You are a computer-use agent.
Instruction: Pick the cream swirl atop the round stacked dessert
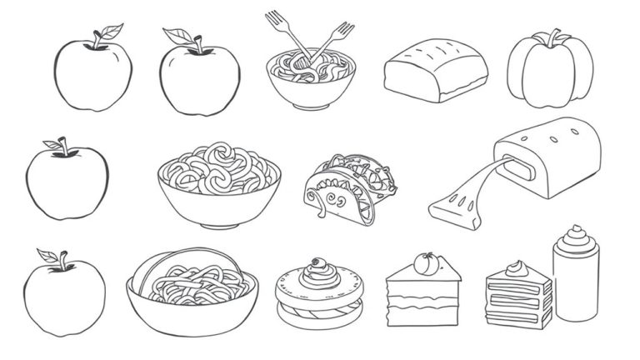(x=317, y=268)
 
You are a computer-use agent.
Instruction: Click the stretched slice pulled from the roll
(x=468, y=200)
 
